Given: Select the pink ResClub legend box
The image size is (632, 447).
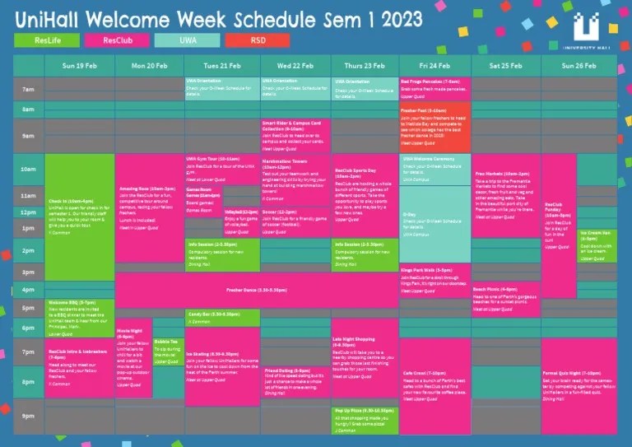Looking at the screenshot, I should coord(115,40).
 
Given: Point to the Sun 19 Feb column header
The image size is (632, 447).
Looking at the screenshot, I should coord(80,64).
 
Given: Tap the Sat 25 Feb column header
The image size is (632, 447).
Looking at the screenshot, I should coord(506,64).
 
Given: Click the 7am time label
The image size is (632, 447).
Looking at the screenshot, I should coord(29,90).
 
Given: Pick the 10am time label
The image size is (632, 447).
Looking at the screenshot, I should coord(29,170).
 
